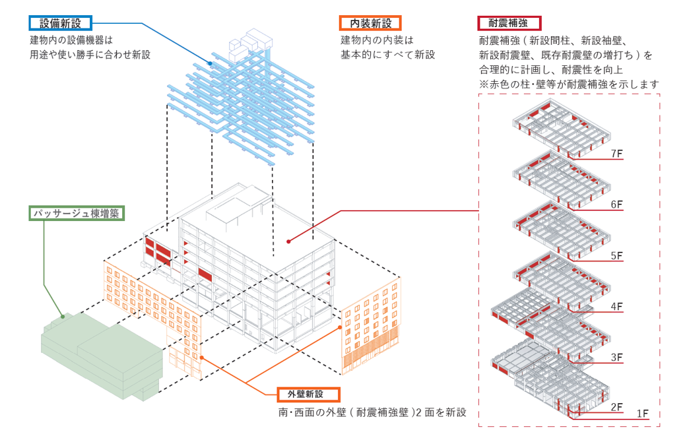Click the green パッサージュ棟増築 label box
click(x=78, y=214)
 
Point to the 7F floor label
click(x=618, y=154)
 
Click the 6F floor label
click(x=618, y=205)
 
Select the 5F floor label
click(x=618, y=255)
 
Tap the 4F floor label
click(x=618, y=307)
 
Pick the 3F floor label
click(x=618, y=358)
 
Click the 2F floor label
click(x=618, y=407)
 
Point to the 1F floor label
click(x=643, y=414)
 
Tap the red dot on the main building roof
click(x=288, y=241)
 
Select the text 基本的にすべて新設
click(x=387, y=55)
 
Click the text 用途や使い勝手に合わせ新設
click(x=90, y=55)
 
